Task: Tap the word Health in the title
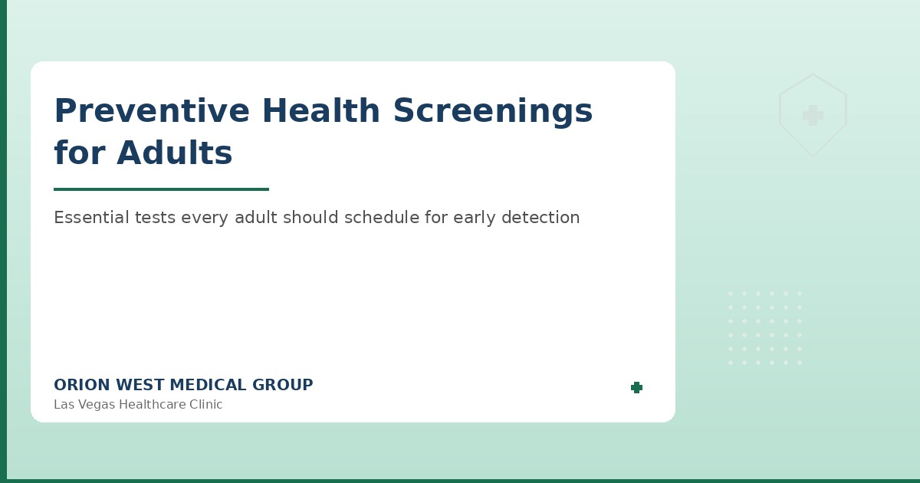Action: pos(321,111)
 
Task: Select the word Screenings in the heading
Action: pos(492,111)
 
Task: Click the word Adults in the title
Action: pos(175,153)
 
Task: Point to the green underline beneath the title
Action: pos(161,189)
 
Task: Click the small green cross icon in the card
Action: pos(636,388)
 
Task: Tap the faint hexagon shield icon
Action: pos(813,115)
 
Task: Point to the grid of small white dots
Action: pos(764,327)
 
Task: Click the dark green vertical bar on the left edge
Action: pos(3,242)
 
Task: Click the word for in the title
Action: pos(80,153)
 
